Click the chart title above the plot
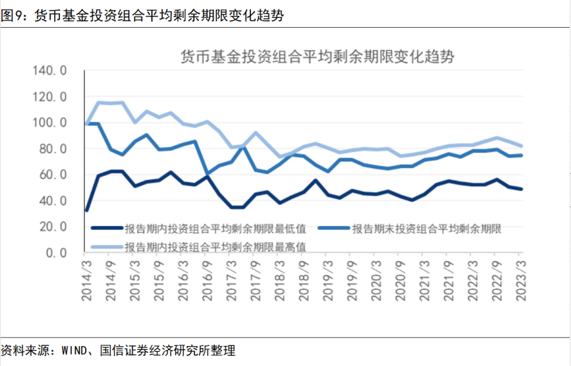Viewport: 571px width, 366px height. pyautogui.click(x=317, y=56)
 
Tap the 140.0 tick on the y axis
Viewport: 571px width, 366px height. pyautogui.click(x=49, y=71)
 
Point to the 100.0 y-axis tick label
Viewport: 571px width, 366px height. pyautogui.click(x=49, y=122)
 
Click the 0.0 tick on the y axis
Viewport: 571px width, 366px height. pyautogui.click(x=56, y=253)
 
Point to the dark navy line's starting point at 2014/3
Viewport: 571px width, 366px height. pyautogui.click(x=86, y=210)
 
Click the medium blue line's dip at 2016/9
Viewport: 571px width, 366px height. pyautogui.click(x=207, y=173)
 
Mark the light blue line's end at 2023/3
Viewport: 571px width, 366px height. pyautogui.click(x=521, y=146)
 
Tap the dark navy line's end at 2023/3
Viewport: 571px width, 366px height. pyautogui.click(x=521, y=189)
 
